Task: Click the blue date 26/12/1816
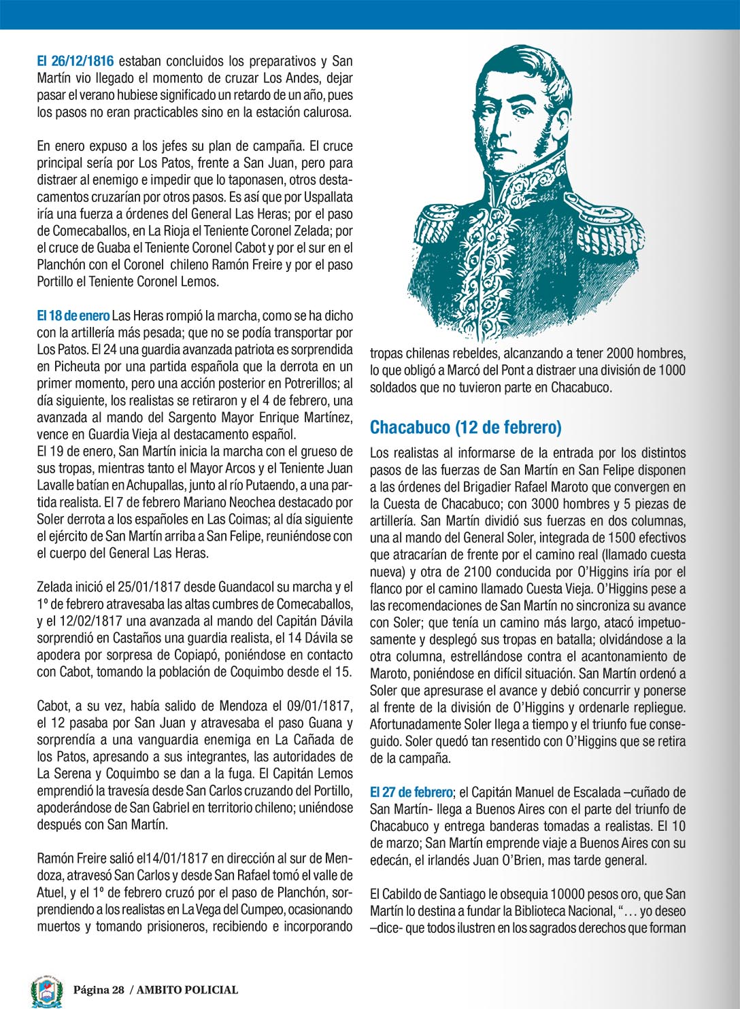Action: (82, 61)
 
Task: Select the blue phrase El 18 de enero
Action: (73, 315)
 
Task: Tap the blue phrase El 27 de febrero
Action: (411, 792)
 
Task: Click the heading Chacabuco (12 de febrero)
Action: (466, 427)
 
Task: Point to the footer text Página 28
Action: (99, 990)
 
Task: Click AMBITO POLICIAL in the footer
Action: (188, 990)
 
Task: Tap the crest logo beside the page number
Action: (47, 990)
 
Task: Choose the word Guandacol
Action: (232, 587)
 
